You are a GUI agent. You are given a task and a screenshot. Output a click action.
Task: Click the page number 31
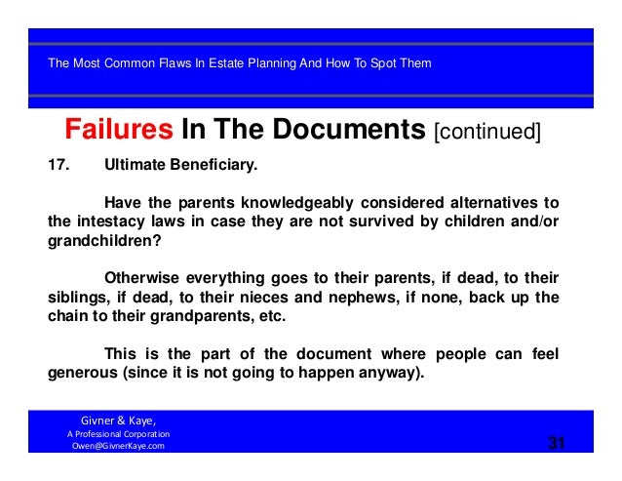coord(556,446)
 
